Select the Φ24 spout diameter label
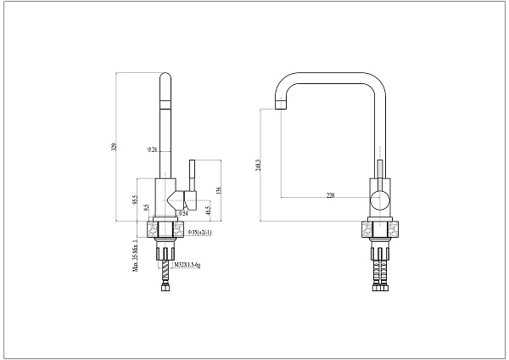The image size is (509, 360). click(x=152, y=149)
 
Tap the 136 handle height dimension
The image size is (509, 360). click(x=219, y=188)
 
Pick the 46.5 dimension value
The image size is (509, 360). click(x=207, y=209)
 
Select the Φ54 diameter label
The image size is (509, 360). click(x=194, y=213)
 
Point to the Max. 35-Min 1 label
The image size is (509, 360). click(x=135, y=256)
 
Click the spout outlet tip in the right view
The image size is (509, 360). click(x=279, y=107)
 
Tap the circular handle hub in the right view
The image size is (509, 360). click(x=381, y=201)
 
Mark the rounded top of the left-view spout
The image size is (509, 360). click(x=165, y=78)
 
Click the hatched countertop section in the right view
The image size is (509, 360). click(x=366, y=229)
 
